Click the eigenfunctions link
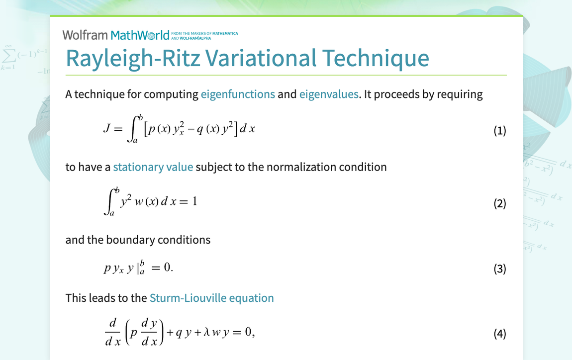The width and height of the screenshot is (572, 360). tap(238, 94)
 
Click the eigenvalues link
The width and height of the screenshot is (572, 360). tap(328, 94)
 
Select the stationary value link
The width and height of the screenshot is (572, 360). tap(153, 167)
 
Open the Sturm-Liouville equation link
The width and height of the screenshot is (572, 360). tap(211, 298)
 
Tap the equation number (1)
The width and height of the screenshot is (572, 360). tap(499, 131)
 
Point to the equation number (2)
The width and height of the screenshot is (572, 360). tap(499, 203)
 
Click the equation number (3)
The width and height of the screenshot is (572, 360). tap(499, 269)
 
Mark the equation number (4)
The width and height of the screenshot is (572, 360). tap(499, 333)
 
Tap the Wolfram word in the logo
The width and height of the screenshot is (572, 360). tap(85, 35)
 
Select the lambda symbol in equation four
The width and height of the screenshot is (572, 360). tap(203, 333)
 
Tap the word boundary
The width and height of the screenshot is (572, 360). tap(131, 240)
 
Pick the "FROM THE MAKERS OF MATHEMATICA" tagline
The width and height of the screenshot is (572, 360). tap(204, 34)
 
